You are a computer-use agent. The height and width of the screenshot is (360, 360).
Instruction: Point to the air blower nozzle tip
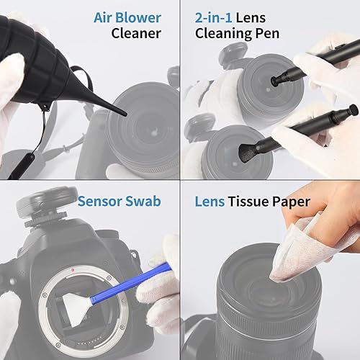pyautogui.click(x=124, y=113)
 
